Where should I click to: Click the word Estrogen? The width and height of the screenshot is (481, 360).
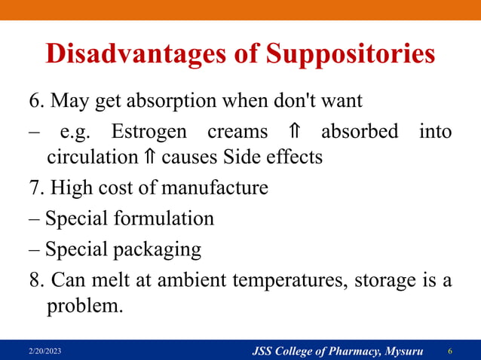pos(151,131)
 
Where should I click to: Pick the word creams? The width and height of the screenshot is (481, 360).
pos(237,131)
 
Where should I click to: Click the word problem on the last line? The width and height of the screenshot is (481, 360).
pos(83,307)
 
